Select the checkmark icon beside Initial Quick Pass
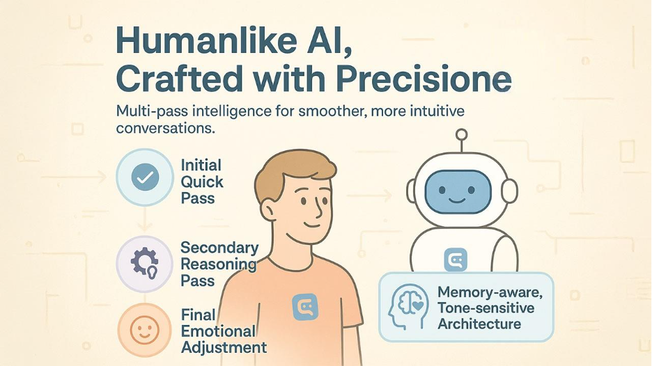(145, 177)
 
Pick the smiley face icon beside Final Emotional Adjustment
(145, 330)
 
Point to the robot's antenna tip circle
(461, 134)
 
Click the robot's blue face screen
(458, 192)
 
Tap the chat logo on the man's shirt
(305, 307)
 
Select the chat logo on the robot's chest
(456, 260)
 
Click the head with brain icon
(407, 307)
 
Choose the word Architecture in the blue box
(479, 324)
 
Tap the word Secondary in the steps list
(219, 248)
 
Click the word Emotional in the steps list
(218, 331)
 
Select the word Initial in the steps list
(201, 165)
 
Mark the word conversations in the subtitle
(166, 128)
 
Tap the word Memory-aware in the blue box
(490, 292)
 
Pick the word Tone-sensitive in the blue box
(486, 308)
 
